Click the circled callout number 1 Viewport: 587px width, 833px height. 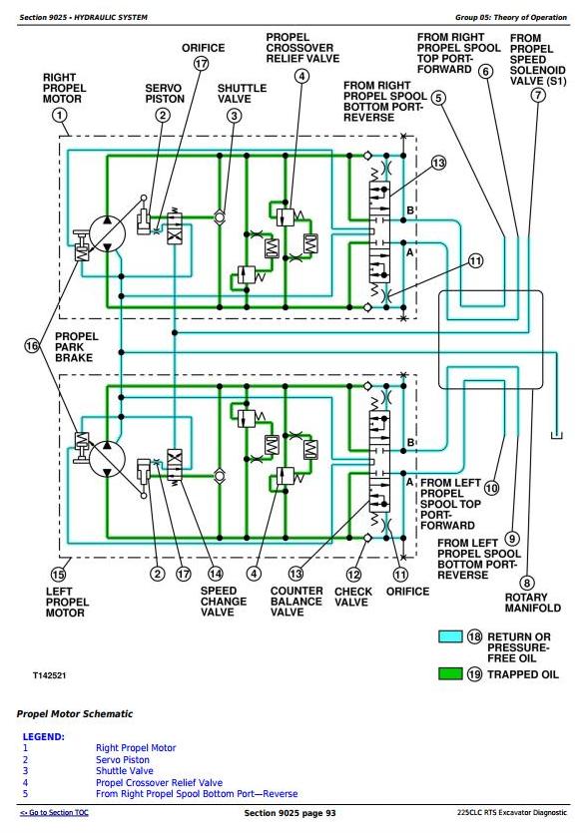click(60, 116)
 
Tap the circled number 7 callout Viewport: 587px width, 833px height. click(538, 95)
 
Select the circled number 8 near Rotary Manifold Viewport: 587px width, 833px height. click(527, 584)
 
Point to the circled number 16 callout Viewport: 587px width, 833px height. click(32, 346)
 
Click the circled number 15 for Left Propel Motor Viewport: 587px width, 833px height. click(58, 574)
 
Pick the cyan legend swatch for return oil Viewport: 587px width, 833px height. click(450, 636)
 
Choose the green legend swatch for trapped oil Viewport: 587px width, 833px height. click(450, 673)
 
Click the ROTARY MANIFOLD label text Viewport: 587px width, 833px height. click(533, 603)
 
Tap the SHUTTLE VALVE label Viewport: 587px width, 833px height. click(242, 94)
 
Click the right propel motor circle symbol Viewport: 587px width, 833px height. click(108, 233)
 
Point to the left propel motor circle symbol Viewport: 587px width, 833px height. click(108, 459)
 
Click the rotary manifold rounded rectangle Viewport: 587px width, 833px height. click(490, 339)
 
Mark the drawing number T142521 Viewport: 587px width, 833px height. click(49, 675)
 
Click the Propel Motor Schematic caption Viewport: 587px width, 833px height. click(75, 713)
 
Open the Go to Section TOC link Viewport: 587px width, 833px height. click(54, 812)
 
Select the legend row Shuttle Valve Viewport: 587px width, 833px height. click(125, 771)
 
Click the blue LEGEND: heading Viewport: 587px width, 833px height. click(44, 737)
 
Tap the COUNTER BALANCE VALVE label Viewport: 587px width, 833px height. click(296, 602)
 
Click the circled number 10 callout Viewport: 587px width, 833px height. click(492, 488)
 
